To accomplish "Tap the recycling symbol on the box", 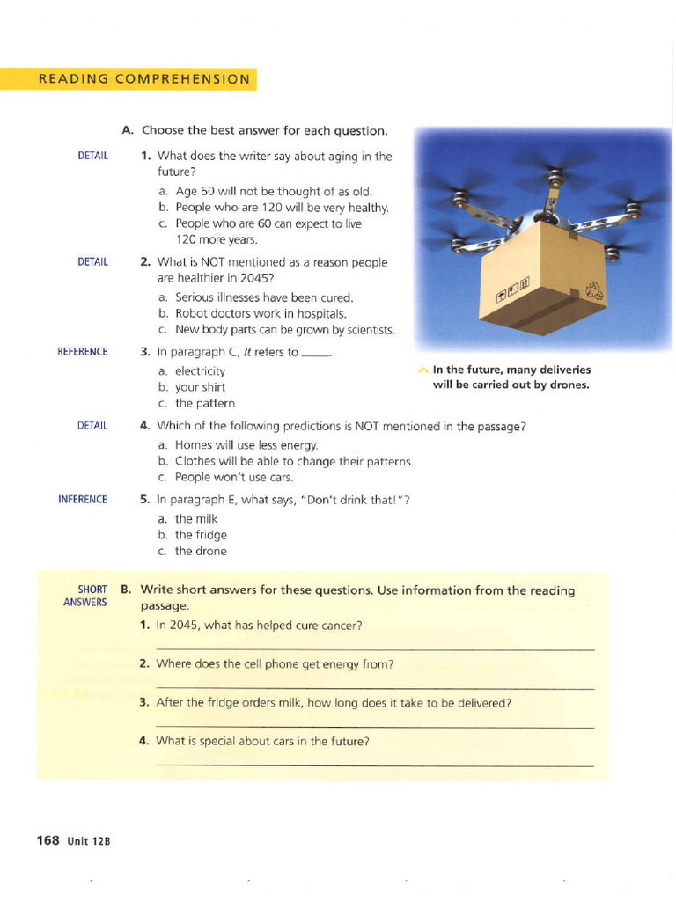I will click(x=595, y=292).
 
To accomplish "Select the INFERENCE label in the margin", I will click(x=83, y=500).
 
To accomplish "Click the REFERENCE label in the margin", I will click(x=83, y=352).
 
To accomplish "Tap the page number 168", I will click(x=48, y=840).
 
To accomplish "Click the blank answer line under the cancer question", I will click(x=374, y=649).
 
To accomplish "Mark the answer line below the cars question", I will click(x=374, y=765).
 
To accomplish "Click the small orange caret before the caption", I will click(x=423, y=370).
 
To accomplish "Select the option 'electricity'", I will click(x=200, y=371).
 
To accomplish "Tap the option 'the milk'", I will click(x=196, y=519).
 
